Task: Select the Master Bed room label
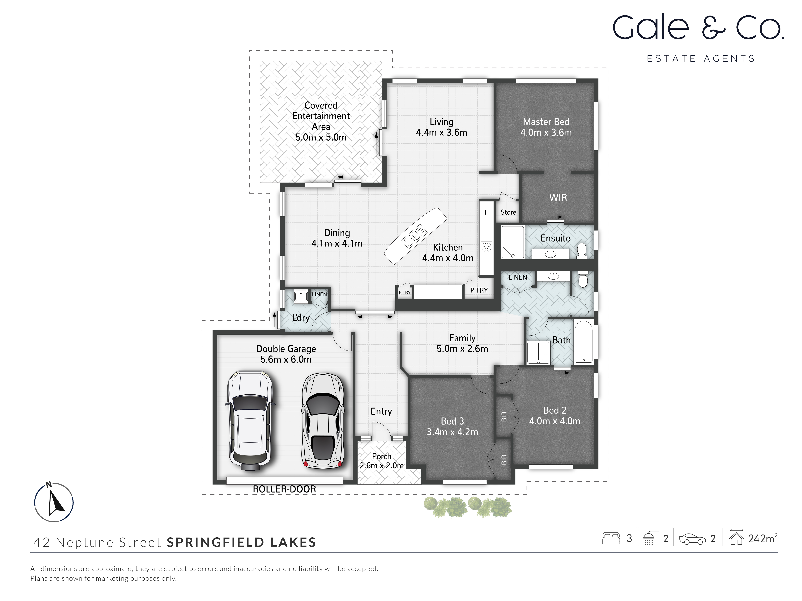click(x=546, y=122)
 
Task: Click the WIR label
click(x=558, y=197)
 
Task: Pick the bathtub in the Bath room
click(x=583, y=341)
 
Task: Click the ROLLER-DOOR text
click(x=284, y=489)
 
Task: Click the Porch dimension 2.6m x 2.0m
click(x=381, y=466)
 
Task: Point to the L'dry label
click(x=301, y=318)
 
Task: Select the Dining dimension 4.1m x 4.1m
click(x=337, y=243)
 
